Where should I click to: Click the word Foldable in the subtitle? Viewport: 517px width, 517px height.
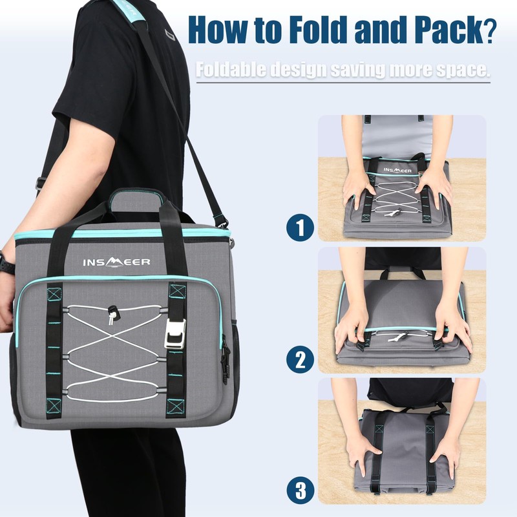coord(231,69)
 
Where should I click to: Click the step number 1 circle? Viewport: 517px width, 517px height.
coord(300,227)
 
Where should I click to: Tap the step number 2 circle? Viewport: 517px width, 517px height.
coord(300,359)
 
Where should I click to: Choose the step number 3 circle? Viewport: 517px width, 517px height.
coord(300,491)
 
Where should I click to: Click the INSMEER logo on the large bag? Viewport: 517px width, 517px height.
coord(116,262)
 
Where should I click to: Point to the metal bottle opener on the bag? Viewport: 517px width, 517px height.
coord(174,333)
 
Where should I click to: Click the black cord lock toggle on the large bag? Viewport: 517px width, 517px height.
coord(113,311)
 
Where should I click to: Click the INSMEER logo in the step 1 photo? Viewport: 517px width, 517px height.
coord(397,170)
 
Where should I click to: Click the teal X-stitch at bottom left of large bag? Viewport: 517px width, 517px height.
coord(54,406)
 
